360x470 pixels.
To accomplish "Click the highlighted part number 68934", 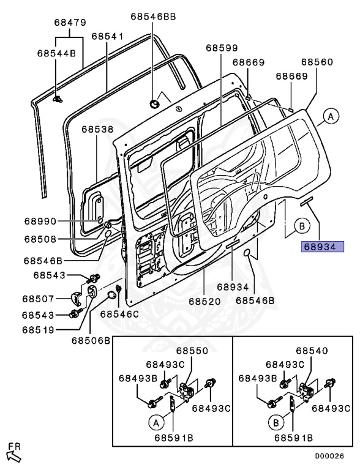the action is point(323,247).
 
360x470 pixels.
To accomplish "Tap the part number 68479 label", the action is point(70,23).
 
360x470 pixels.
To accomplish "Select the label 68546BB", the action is point(153,17).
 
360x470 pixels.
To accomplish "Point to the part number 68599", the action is point(222,48).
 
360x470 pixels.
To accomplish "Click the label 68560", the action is point(317,62).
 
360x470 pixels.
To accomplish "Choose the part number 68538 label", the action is point(97,130).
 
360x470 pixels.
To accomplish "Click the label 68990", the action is point(40,222).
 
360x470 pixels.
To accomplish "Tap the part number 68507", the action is point(38,299).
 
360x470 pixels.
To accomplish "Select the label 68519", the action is point(38,330).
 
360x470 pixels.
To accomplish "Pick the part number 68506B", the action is point(91,341).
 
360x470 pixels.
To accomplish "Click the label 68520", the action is point(204,301).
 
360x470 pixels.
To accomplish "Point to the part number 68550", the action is point(192,351).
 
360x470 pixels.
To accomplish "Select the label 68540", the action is point(312,351).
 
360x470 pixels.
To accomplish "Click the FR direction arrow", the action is point(14,457).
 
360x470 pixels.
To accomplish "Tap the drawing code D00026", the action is point(329,456).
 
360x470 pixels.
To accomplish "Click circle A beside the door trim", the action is point(331,116).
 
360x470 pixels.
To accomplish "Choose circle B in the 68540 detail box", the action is point(276,423).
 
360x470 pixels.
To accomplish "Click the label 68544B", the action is point(57,53).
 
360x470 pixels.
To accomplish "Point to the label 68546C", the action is point(119,314).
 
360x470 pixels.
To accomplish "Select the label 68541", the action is point(107,36).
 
